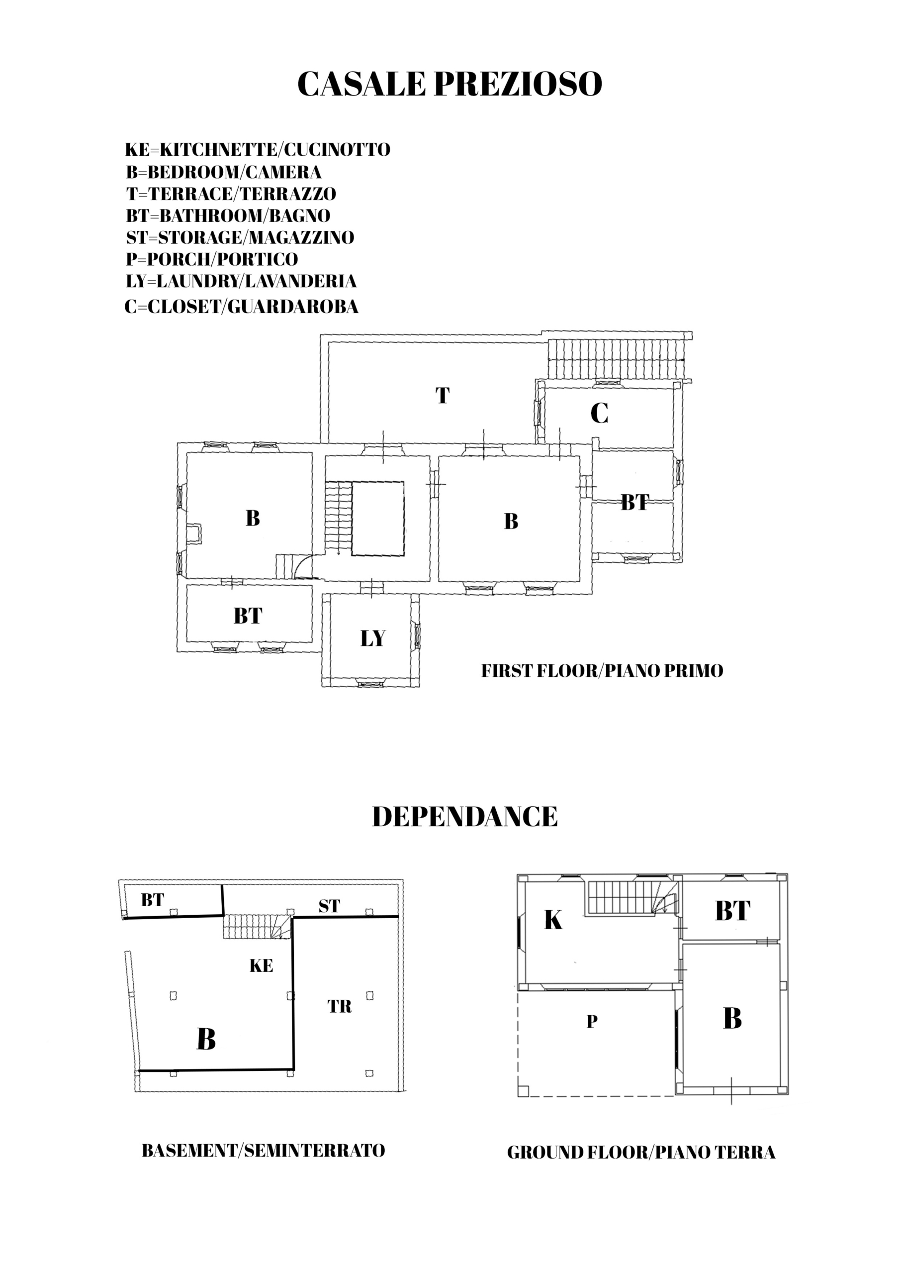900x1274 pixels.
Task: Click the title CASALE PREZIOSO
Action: pos(450,84)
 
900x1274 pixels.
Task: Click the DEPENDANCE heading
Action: pos(465,817)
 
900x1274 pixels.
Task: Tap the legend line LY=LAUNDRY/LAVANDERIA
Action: pos(241,281)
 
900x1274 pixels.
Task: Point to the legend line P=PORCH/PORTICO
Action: pos(212,259)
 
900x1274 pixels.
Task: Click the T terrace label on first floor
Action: pos(442,396)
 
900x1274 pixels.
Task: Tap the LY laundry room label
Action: pos(372,638)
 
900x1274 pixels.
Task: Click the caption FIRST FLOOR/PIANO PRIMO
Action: pos(602,671)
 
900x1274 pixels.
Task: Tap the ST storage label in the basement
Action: pos(329,906)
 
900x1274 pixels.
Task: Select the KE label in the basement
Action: pos(261,966)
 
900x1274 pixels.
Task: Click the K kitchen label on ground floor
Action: pos(553,920)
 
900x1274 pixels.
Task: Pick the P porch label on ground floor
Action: pos(592,1022)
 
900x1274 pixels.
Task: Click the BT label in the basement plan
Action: pos(153,900)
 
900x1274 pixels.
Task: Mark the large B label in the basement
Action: pos(206,1039)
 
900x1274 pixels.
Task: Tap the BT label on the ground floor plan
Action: pos(732,911)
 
